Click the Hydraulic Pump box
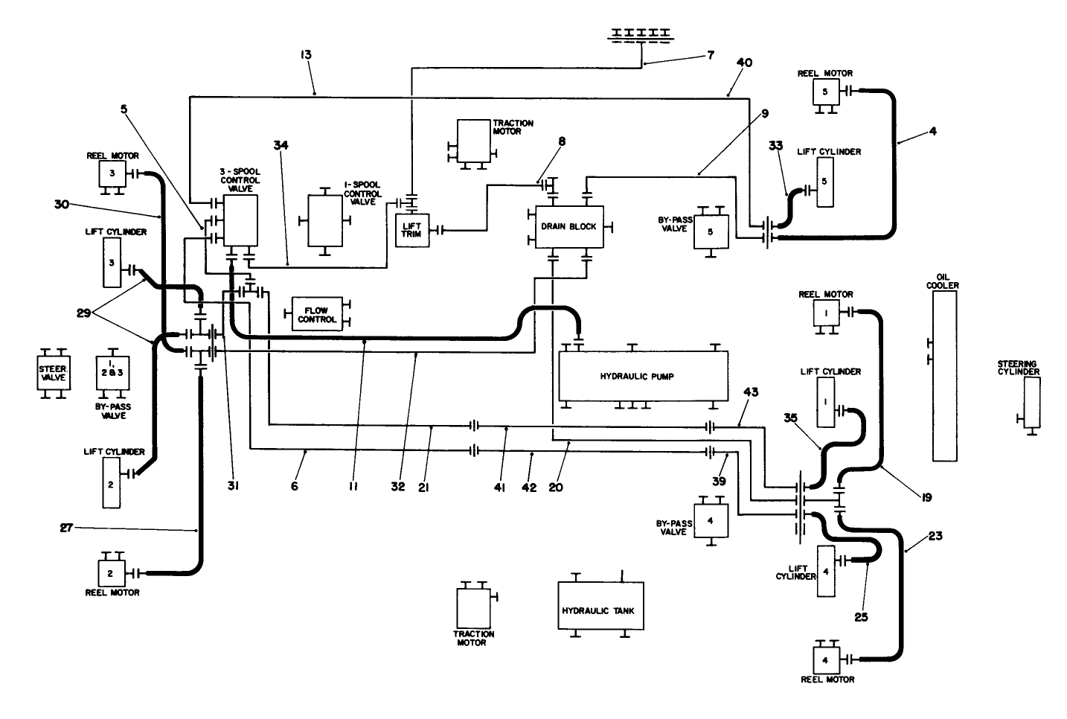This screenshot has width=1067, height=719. [635, 377]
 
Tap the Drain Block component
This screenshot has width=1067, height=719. [568, 227]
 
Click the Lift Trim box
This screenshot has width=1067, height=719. [411, 231]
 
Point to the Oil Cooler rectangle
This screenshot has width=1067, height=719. [944, 376]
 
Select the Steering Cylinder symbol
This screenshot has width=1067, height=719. [1032, 403]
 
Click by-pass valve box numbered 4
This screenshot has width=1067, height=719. [711, 518]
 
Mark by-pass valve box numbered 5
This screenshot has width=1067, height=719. [711, 231]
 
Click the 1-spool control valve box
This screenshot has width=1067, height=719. [325, 220]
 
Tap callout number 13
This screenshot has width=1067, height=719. [306, 54]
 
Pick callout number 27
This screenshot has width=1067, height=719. [66, 528]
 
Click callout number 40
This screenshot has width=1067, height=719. [744, 63]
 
